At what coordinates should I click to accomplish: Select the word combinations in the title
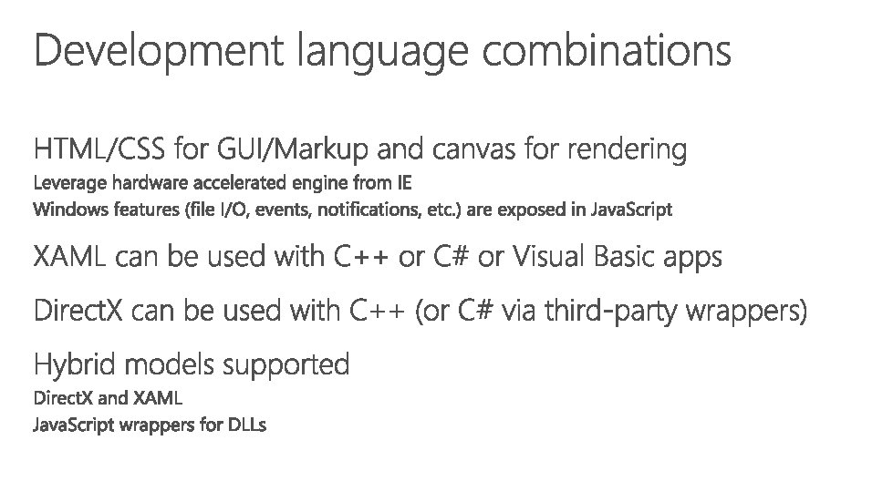[x=607, y=51]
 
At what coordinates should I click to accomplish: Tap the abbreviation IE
[x=403, y=182]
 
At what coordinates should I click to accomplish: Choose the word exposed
[x=533, y=210]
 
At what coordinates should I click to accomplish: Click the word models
[x=171, y=365]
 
